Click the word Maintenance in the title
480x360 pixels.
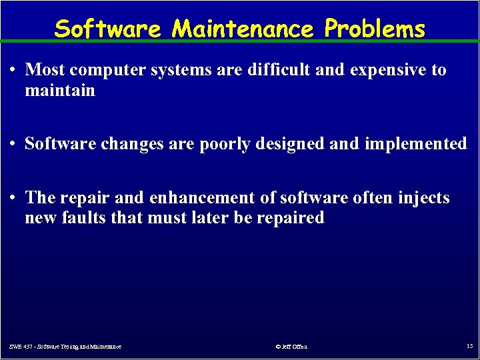[243, 29]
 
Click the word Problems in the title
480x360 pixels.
[375, 29]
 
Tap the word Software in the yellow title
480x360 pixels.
[107, 29]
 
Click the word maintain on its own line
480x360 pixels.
[60, 89]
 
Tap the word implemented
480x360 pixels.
[416, 144]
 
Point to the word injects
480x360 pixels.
[423, 199]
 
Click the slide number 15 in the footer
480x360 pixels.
[469, 346]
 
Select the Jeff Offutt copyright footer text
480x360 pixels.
[291, 347]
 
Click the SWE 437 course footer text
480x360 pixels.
[65, 347]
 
